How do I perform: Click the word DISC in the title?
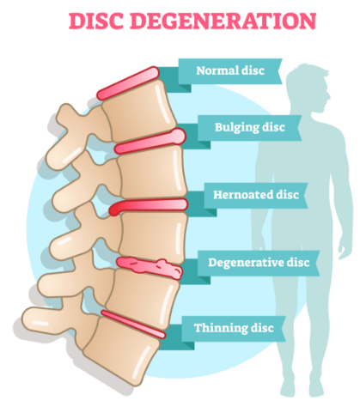96,21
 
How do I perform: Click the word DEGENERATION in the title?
223,21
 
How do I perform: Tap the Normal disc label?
230,70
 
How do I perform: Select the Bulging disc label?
250,127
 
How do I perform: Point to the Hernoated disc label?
256,195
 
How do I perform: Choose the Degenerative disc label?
259,263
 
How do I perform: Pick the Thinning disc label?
234,328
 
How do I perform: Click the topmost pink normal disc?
128,83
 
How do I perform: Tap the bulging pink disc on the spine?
150,142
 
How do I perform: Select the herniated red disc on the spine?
149,206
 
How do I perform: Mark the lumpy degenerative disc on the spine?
149,268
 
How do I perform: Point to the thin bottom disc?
133,325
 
